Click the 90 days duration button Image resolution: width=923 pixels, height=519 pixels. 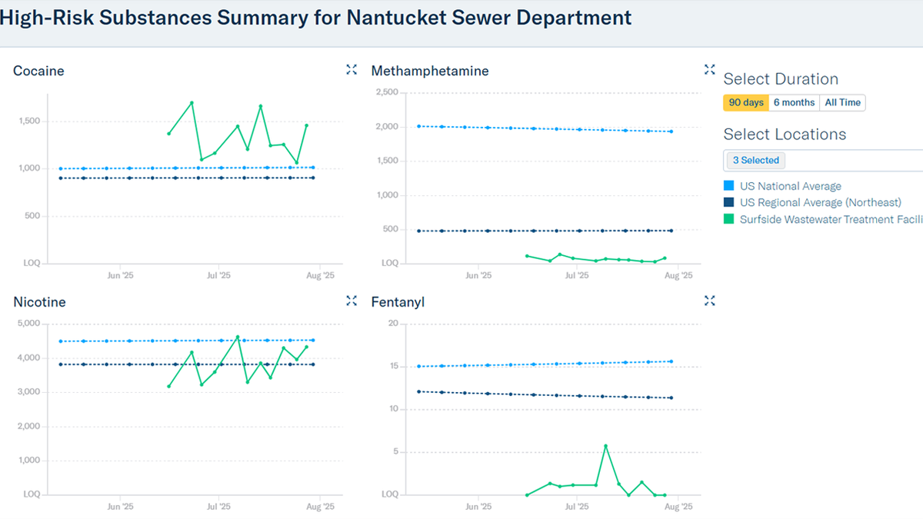coord(745,102)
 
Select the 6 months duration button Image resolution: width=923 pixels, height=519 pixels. coord(794,102)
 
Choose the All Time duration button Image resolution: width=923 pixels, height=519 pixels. coord(842,102)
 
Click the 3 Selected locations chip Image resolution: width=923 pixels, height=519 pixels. coord(755,161)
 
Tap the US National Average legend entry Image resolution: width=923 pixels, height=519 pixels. coord(790,186)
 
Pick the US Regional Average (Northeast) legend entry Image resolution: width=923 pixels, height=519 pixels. coord(820,202)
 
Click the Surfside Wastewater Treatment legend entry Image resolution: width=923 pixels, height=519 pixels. coord(830,219)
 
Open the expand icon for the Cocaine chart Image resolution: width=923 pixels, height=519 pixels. coord(352,70)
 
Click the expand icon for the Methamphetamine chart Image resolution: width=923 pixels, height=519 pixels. coord(709,70)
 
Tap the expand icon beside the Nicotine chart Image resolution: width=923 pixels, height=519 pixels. coord(352,301)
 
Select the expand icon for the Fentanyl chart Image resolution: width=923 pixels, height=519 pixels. coord(709,301)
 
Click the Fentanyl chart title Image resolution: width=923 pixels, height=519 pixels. coord(398,302)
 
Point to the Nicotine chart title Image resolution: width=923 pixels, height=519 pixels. coord(39,302)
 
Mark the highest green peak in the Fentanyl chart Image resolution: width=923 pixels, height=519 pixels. coord(605,446)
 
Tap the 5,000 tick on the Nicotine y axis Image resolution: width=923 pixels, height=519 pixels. coord(29,324)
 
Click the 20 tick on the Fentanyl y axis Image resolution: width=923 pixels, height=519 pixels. coord(392,324)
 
